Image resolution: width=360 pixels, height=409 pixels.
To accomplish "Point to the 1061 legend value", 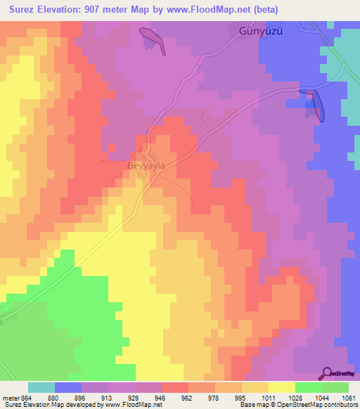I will tap(348, 397).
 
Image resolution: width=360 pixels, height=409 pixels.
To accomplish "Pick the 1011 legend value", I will tap(268, 397).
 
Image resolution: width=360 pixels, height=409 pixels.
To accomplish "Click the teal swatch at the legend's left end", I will tap(41, 387).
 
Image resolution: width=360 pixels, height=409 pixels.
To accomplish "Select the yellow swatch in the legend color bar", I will tap(281, 387).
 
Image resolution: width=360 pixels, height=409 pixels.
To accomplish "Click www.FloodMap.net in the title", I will tap(201, 10).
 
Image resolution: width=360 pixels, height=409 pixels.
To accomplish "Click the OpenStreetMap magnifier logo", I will tap(328, 372).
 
